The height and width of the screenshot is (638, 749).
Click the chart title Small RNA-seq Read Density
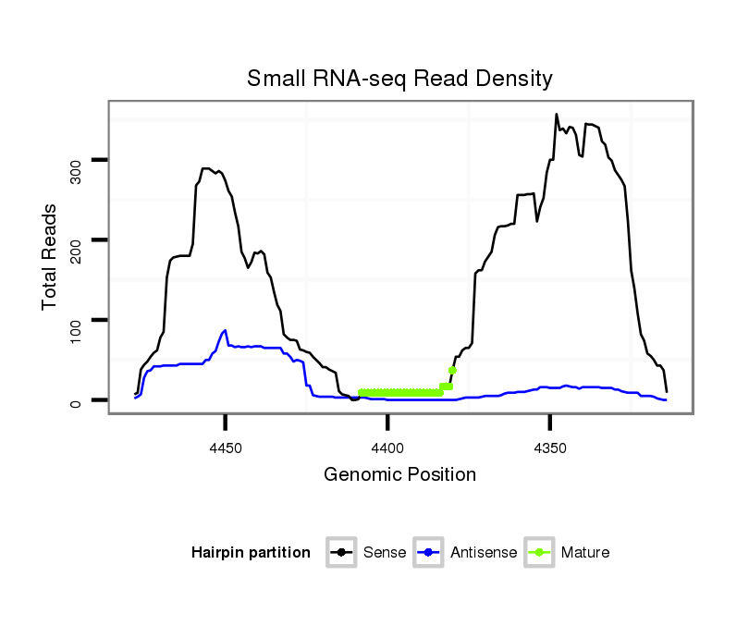pyautogui.click(x=399, y=80)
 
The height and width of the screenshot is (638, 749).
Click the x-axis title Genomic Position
pyautogui.click(x=399, y=475)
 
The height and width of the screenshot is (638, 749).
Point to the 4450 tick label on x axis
pyautogui.click(x=226, y=448)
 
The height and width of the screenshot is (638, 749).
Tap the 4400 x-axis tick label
pyautogui.click(x=387, y=448)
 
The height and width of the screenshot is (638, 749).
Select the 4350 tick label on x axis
pyautogui.click(x=550, y=448)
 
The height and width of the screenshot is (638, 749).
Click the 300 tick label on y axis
pyautogui.click(x=77, y=161)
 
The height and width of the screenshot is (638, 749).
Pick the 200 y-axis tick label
pyautogui.click(x=77, y=240)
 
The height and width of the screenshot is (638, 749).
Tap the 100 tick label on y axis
pyautogui.click(x=77, y=320)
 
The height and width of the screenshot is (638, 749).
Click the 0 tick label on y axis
pyautogui.click(x=77, y=400)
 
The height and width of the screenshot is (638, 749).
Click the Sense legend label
pyautogui.click(x=385, y=553)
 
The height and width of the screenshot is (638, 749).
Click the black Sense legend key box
pyautogui.click(x=342, y=553)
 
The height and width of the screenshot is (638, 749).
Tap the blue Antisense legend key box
pyautogui.click(x=429, y=553)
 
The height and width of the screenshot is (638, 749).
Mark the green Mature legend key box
pyautogui.click(x=540, y=553)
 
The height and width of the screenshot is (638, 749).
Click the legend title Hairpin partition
pyautogui.click(x=251, y=553)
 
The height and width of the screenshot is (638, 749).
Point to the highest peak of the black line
pyautogui.click(x=557, y=115)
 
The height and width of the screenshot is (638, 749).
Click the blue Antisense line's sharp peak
pyautogui.click(x=225, y=330)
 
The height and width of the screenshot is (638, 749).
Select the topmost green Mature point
pyautogui.click(x=452, y=371)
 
